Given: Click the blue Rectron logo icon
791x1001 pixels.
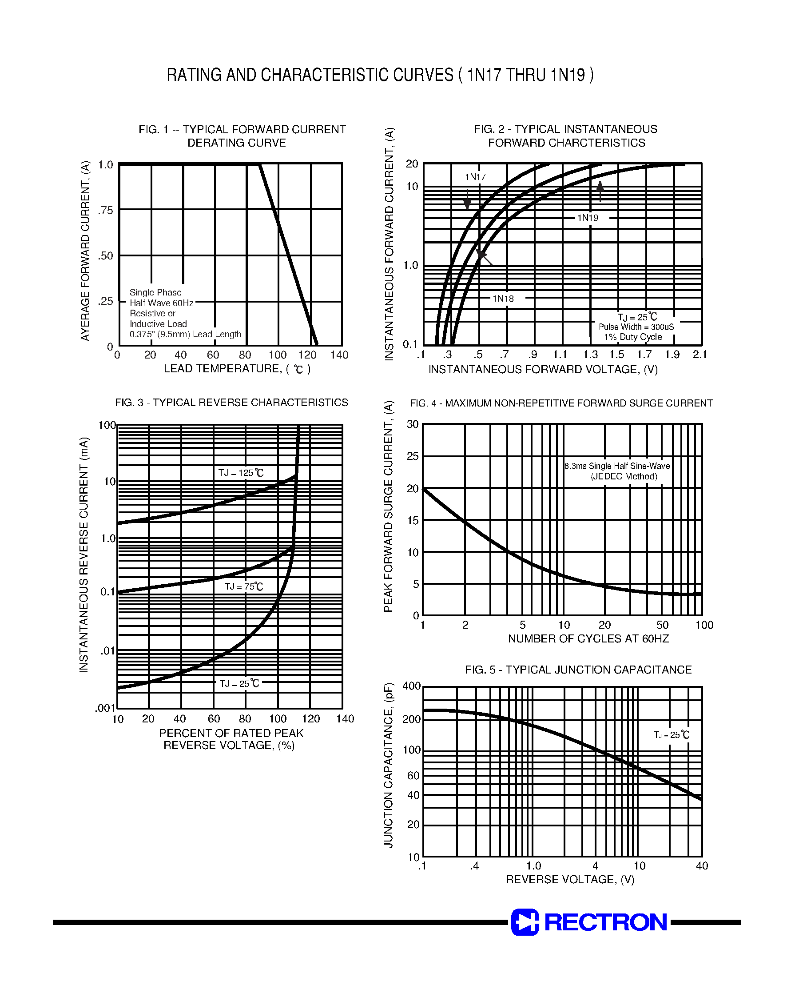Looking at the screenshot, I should [x=525, y=922].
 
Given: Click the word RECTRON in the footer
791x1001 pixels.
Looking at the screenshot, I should [x=605, y=922].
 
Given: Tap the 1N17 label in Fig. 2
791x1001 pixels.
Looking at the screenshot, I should [x=475, y=177].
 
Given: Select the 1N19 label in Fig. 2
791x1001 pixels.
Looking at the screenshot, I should [x=587, y=218].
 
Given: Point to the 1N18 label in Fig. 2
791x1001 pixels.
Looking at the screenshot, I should [x=503, y=299].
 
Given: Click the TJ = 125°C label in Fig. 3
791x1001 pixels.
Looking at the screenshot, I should [x=241, y=473].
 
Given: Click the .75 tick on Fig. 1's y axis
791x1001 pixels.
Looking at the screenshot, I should [x=106, y=211].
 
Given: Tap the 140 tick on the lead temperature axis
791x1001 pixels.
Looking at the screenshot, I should [x=339, y=355].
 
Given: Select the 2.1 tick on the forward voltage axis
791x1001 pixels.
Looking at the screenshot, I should [x=700, y=355].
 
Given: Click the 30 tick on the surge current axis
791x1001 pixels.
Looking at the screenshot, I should [x=412, y=424].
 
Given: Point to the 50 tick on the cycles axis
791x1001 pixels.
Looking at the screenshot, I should [x=662, y=625].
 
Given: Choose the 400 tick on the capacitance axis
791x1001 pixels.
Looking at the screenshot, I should [x=411, y=686].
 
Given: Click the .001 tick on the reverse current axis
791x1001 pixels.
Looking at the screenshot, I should [x=105, y=708].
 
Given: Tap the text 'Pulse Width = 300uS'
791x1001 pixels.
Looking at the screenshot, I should [x=636, y=327].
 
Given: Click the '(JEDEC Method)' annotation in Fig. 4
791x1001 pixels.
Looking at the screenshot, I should [x=624, y=476].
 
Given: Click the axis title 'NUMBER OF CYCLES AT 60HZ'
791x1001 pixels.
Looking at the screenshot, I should [x=588, y=639].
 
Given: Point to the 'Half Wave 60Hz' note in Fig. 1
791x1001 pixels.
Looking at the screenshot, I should [x=161, y=303].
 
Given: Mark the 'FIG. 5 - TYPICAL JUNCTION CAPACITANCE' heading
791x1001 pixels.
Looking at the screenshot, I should [x=578, y=670].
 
